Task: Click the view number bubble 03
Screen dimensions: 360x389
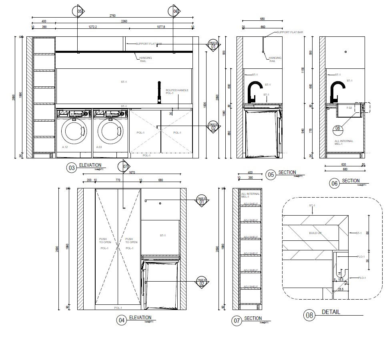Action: (x=72, y=168)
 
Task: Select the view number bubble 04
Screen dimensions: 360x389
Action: (x=121, y=320)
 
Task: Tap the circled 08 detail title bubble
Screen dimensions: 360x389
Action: (x=309, y=315)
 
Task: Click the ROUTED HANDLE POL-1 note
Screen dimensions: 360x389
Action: (x=177, y=92)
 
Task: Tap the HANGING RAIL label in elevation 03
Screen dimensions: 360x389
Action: (x=146, y=59)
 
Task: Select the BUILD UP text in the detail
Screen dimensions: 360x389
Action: (x=315, y=233)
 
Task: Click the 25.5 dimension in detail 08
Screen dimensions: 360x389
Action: (x=340, y=289)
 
